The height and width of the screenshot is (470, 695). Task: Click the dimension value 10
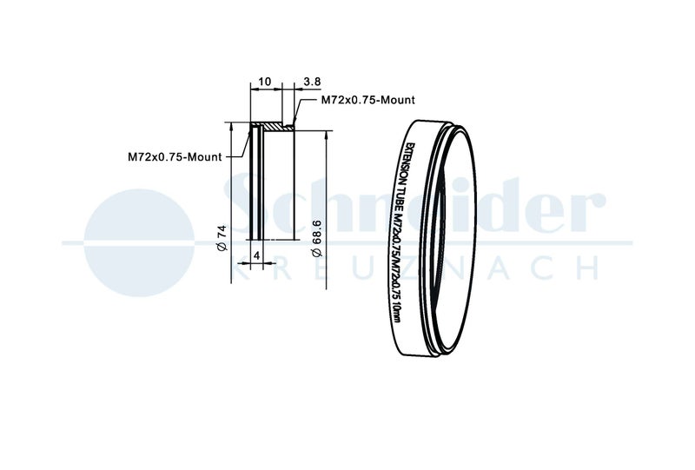(x=265, y=82)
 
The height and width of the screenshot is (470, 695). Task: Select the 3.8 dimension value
(x=312, y=82)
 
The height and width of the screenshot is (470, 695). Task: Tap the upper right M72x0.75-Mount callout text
(x=367, y=100)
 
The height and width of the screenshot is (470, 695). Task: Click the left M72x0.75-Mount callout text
(x=175, y=156)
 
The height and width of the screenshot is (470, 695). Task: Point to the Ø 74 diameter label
(x=222, y=238)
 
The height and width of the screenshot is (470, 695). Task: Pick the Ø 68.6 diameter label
(x=316, y=238)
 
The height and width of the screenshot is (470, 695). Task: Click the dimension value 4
(x=256, y=255)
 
